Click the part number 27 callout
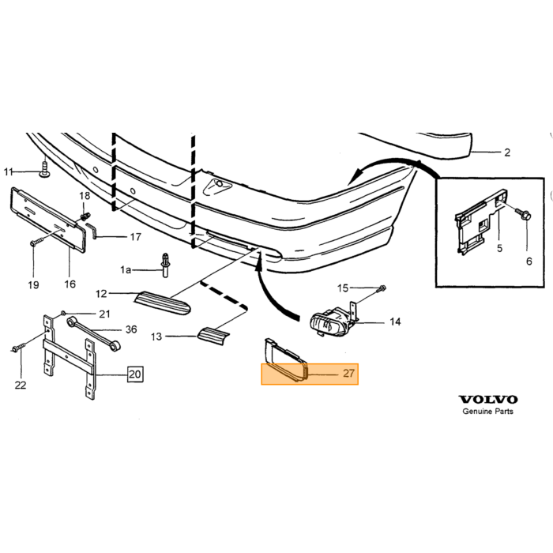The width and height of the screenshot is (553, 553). coord(348,373)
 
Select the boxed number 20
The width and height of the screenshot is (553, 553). coord(135,374)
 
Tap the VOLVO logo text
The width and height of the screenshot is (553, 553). coord(488,400)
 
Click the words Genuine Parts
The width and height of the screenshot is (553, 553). coord(487,412)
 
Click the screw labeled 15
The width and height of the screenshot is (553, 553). coord(381,289)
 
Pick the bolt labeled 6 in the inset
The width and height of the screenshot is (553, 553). coord(523,213)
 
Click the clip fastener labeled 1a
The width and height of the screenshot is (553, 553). coord(165,265)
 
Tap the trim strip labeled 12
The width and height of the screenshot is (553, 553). coord(163,303)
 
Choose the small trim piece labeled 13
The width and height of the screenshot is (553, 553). coord(213,335)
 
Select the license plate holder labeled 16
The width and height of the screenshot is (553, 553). coord(48,220)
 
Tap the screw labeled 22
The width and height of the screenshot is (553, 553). coord(19,347)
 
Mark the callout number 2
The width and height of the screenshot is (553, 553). coord(507,152)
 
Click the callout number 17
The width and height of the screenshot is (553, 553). coord(135,237)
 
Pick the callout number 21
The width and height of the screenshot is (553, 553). coord(104,314)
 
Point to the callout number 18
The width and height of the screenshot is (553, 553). coord(85,196)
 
